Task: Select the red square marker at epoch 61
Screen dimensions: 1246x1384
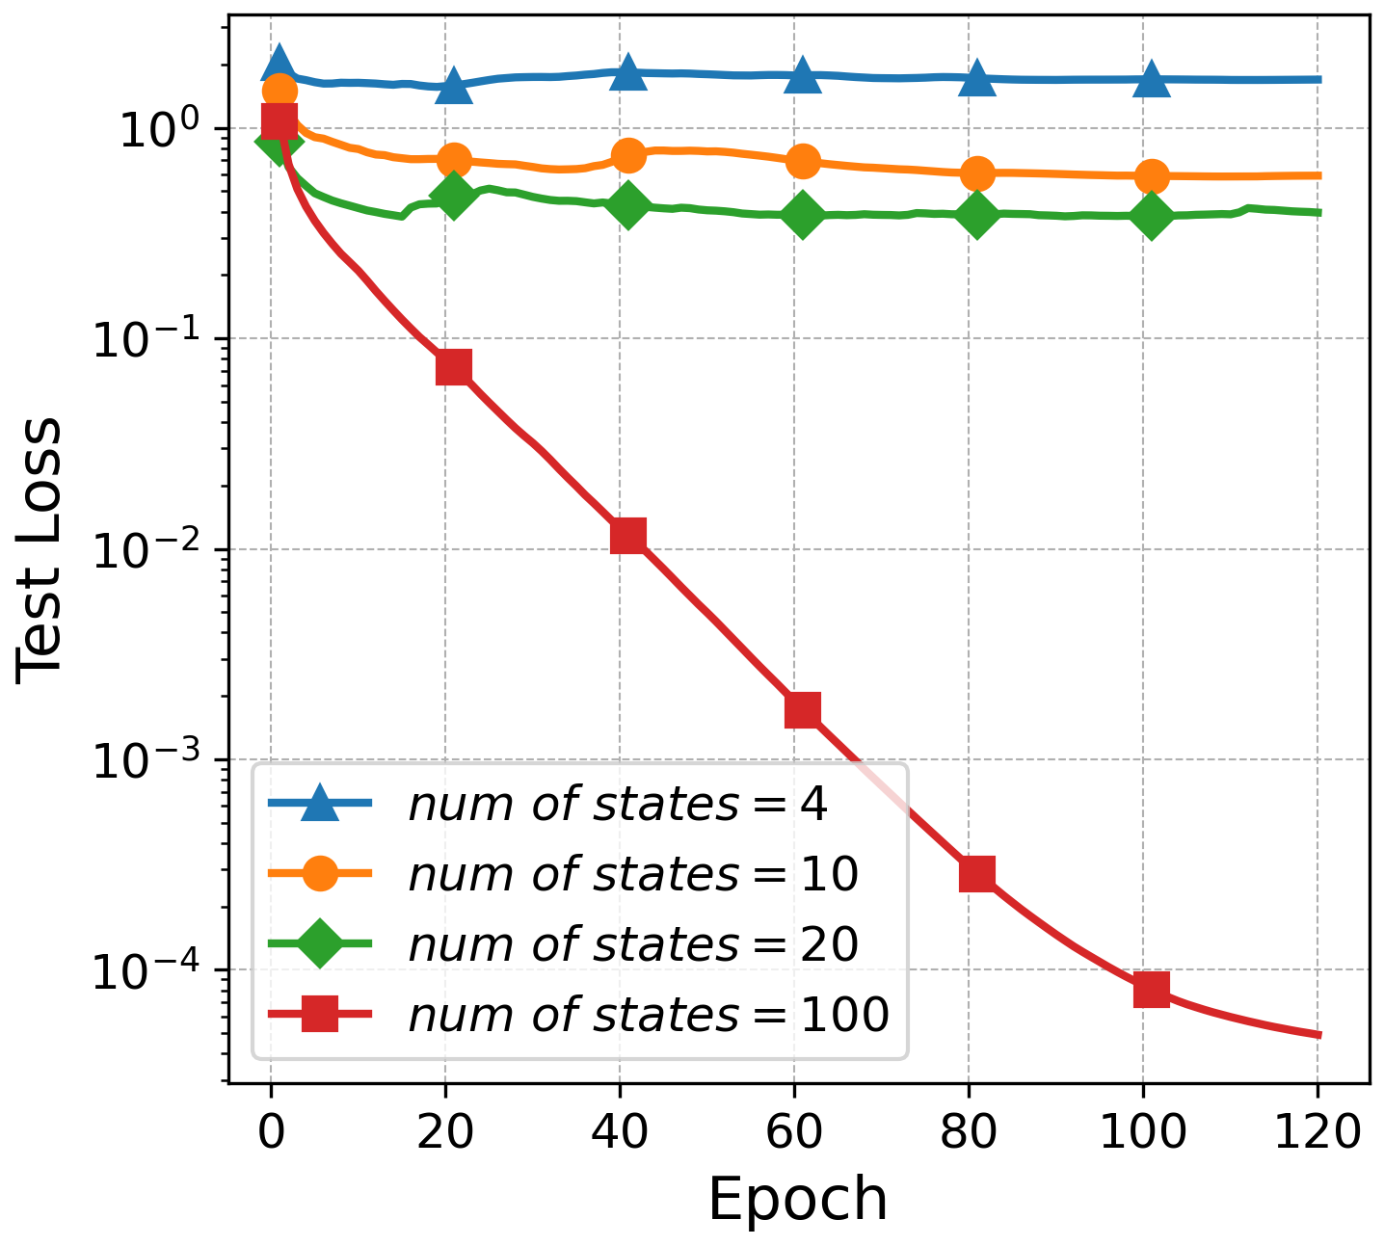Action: pos(803,710)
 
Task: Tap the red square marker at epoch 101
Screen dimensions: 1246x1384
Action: pos(1152,989)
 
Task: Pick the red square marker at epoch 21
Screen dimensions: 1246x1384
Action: pos(454,367)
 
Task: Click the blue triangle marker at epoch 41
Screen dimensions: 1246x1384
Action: pos(628,72)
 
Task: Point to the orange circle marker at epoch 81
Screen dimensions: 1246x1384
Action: pos(977,173)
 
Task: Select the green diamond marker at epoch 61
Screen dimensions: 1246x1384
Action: pos(803,214)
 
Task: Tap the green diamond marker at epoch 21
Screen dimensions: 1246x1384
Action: pos(454,196)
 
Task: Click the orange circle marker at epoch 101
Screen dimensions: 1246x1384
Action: pos(1152,176)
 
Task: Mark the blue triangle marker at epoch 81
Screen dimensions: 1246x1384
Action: pos(977,78)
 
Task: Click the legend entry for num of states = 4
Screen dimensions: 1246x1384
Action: pos(617,805)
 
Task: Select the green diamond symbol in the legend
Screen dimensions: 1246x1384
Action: pos(320,945)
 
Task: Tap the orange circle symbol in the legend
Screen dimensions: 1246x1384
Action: pos(320,875)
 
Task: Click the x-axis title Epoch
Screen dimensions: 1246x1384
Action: pos(798,1200)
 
